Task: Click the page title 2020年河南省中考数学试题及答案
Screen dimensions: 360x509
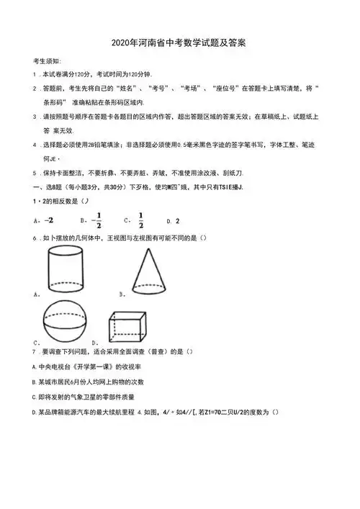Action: click(x=179, y=43)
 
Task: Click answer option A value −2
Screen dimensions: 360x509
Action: click(x=49, y=220)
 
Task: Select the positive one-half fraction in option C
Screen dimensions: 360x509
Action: click(x=140, y=220)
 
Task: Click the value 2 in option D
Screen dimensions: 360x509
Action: click(x=178, y=220)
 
